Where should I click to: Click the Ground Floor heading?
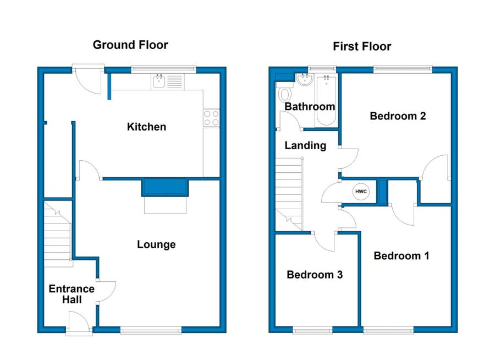tap(130, 45)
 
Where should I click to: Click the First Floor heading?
tap(362, 46)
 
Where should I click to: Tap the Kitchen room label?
tap(146, 127)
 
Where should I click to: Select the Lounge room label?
tap(156, 244)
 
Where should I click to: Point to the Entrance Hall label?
tap(71, 294)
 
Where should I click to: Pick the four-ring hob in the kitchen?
tap(211, 118)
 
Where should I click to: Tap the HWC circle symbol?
tap(361, 192)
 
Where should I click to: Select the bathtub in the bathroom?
tap(326, 100)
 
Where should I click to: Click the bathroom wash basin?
tap(305, 79)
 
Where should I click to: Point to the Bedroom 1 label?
tap(402, 256)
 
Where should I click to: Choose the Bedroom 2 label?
tap(398, 116)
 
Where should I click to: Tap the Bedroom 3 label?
tap(315, 275)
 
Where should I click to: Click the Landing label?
tap(305, 145)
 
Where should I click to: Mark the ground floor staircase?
tap(58, 234)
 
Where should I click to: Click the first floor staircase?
tap(289, 194)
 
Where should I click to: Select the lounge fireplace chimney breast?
tap(165, 187)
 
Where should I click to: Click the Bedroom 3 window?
tap(312, 330)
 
